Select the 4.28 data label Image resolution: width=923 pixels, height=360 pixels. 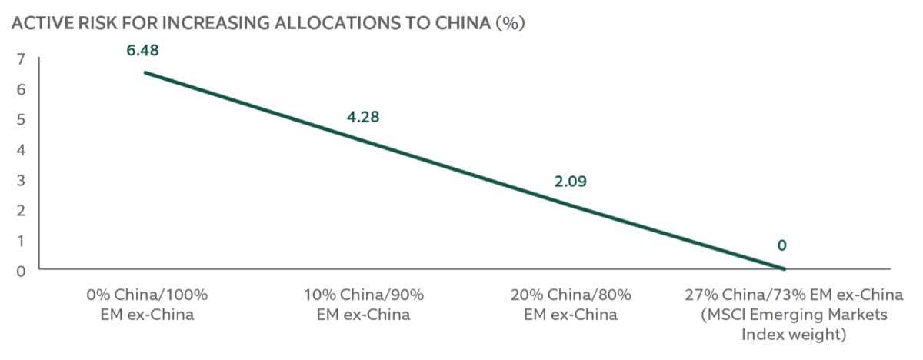(x=362, y=118)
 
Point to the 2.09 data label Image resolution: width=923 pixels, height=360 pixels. (x=570, y=182)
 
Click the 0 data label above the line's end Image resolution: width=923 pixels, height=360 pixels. (x=782, y=246)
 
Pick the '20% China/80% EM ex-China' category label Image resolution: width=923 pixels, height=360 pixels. (x=571, y=305)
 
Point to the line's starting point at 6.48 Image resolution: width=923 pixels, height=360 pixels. (x=145, y=72)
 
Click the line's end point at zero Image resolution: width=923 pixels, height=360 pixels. (x=784, y=269)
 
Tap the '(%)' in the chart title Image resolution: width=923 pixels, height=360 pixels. (x=509, y=23)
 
